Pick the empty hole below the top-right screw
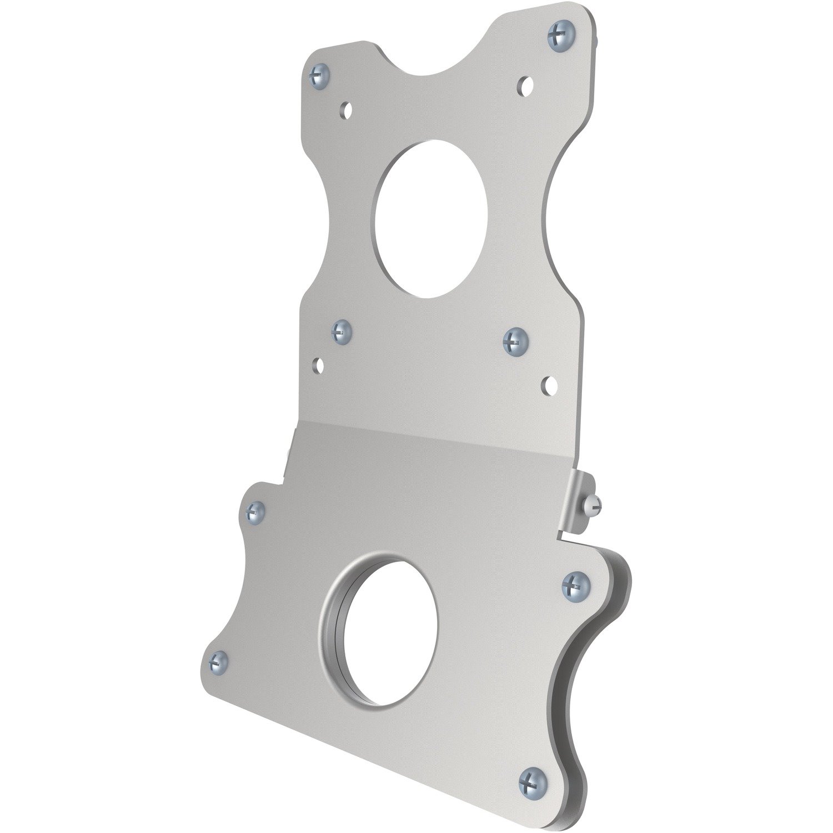(x=524, y=84)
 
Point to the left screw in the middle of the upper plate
(x=342, y=332)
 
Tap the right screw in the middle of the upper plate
(x=515, y=339)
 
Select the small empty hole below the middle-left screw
(x=318, y=365)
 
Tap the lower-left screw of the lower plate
(x=219, y=661)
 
